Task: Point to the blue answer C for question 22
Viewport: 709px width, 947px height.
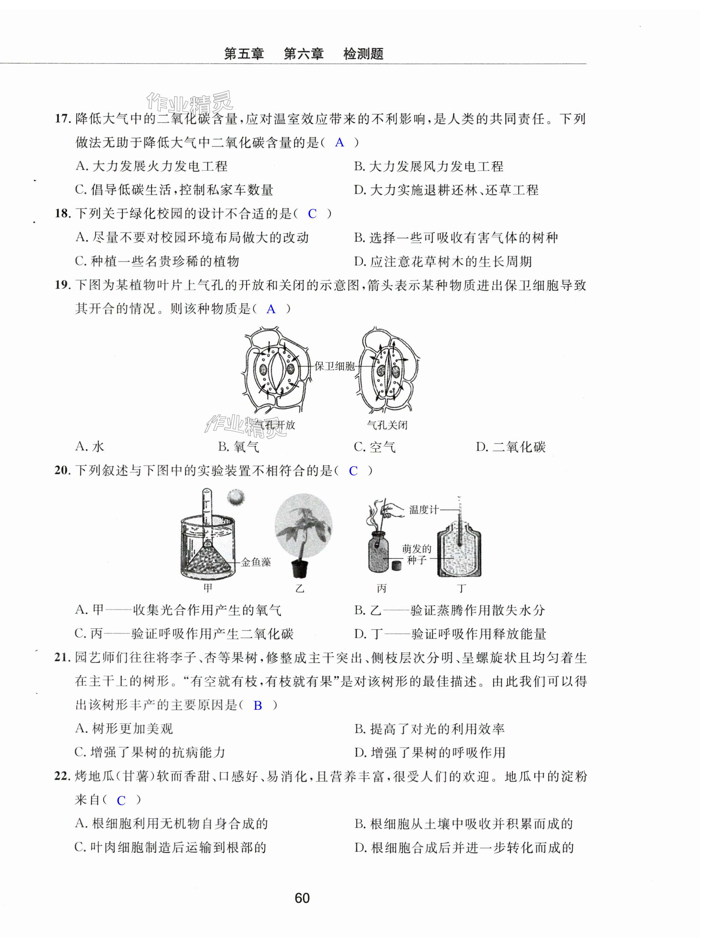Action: [x=121, y=800]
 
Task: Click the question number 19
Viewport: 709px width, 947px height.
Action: [x=62, y=285]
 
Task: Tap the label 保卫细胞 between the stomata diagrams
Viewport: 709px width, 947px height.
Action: [x=334, y=366]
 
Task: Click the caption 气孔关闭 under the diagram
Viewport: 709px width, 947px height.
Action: [x=387, y=425]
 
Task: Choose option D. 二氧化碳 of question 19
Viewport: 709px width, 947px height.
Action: [x=511, y=447]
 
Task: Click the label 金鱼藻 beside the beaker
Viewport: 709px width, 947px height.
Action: [x=256, y=562]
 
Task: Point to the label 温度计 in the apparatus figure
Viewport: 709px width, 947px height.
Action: [x=423, y=509]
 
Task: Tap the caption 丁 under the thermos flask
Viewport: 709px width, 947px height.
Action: [x=461, y=588]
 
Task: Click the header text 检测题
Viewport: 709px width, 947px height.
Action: [x=363, y=54]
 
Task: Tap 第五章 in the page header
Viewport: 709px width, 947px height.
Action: [x=244, y=54]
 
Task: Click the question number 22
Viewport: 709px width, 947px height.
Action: [x=62, y=776]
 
